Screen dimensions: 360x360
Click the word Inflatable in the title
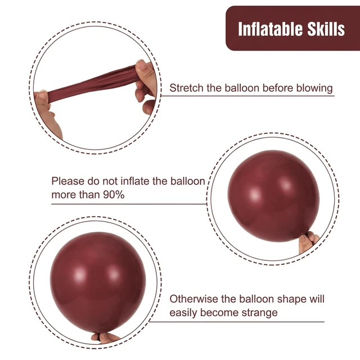(x=271, y=29)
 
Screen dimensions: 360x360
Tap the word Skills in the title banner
(x=326, y=29)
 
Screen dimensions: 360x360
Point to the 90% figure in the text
(x=114, y=195)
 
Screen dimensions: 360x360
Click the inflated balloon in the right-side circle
(x=273, y=196)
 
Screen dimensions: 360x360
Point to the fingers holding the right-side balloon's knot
(x=308, y=242)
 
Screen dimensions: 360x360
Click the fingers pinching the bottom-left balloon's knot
(x=105, y=338)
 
